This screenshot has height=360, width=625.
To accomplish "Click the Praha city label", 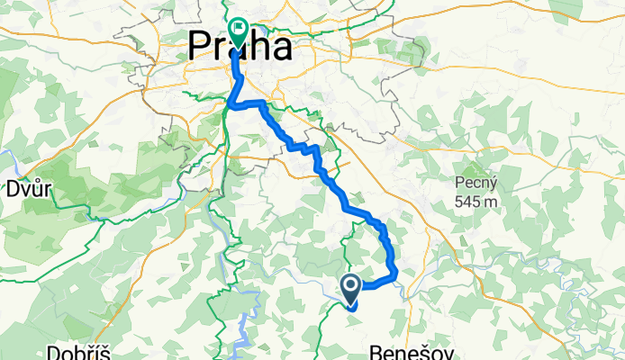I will [240, 48].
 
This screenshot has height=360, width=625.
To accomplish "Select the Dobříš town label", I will [81, 351].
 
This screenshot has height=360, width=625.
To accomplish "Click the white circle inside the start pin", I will [350, 285].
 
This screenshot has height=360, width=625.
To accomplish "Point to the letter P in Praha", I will [200, 48].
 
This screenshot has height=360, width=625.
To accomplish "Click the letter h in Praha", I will [257, 48].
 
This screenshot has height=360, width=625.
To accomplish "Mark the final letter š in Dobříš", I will [105, 351].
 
